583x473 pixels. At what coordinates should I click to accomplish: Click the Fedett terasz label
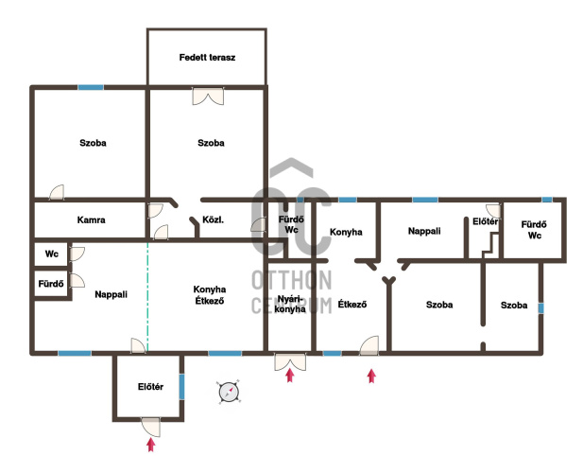click(207, 58)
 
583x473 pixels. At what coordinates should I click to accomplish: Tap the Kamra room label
click(91, 219)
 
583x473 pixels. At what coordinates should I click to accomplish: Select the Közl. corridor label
click(213, 219)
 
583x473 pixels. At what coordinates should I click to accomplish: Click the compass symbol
click(229, 392)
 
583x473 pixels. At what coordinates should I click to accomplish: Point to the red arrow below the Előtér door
click(150, 445)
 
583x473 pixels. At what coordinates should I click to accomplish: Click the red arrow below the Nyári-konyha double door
click(290, 376)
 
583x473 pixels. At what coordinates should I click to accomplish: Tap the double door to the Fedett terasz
click(208, 96)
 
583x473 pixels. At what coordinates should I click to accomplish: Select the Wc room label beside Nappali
click(52, 254)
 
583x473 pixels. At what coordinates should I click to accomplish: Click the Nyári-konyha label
click(290, 304)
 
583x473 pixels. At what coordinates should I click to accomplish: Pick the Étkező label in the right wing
click(352, 304)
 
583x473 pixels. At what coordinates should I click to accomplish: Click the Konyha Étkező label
click(210, 295)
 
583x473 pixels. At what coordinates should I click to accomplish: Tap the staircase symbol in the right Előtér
click(490, 245)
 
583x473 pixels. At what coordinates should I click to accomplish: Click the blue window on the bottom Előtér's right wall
click(181, 387)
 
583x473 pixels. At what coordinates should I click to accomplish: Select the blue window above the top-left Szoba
click(91, 87)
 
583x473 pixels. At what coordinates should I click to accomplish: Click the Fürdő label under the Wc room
click(51, 284)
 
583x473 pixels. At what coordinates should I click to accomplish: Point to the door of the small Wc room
click(77, 254)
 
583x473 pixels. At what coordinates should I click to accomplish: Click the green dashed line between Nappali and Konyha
click(147, 297)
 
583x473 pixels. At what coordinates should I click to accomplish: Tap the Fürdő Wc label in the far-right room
click(534, 230)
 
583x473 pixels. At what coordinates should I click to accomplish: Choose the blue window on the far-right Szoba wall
click(541, 308)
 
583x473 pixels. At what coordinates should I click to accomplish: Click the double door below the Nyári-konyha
click(290, 361)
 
